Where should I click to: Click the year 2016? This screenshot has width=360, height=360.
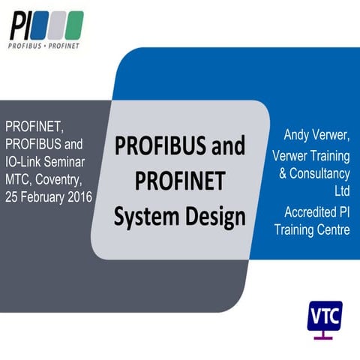(79, 196)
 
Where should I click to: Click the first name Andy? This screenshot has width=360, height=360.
(296, 136)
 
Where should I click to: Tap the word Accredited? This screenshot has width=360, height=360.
(304, 211)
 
